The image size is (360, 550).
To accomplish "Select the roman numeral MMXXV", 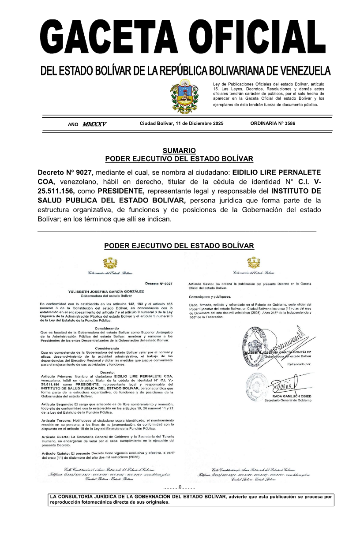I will (94, 124).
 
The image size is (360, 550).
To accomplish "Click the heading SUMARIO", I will (179, 151).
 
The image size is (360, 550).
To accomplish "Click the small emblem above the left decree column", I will (110, 264).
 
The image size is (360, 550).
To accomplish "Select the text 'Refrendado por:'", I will (300, 364).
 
